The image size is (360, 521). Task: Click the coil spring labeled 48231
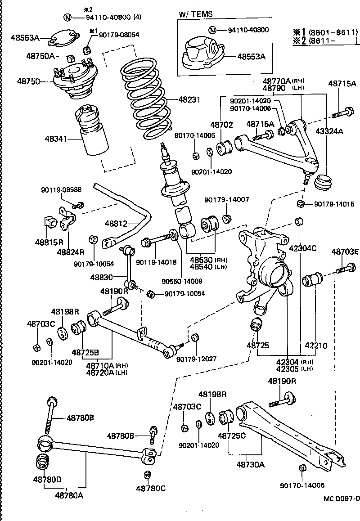(x=145, y=97)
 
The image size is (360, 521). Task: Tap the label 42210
(x=316, y=346)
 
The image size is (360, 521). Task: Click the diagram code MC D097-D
(x=342, y=498)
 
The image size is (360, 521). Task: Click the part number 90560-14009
(x=182, y=282)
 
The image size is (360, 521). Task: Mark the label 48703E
(x=345, y=251)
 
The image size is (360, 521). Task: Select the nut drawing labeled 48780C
(x=147, y=475)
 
